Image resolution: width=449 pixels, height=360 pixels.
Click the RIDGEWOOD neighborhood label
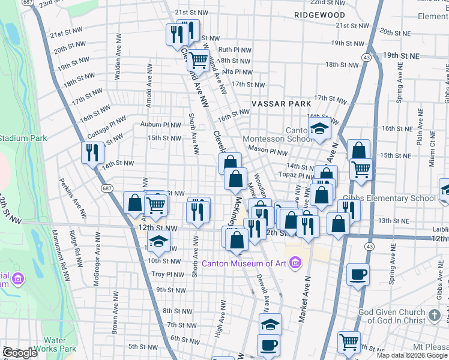320,15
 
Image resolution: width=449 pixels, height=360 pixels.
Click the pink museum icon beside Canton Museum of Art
295,262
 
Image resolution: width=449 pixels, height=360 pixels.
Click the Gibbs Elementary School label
389,198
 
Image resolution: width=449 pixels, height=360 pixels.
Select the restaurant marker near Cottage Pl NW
92,152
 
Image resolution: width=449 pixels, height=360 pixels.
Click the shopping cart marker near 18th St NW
198,59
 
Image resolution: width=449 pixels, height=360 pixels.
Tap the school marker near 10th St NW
158,241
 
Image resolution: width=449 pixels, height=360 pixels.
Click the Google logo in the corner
19,353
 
